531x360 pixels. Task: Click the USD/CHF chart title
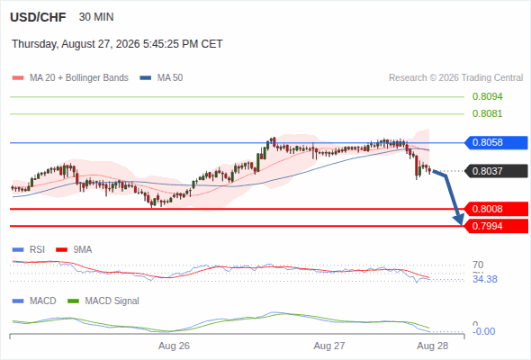[x=38, y=17]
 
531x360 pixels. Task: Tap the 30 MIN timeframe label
[x=96, y=17]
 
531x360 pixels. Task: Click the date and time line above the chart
[x=117, y=44]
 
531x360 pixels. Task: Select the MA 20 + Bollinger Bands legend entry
[x=70, y=78]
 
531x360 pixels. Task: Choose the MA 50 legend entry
[x=161, y=78]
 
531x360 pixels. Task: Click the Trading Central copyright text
[x=455, y=78]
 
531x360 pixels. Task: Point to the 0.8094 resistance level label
[x=487, y=96]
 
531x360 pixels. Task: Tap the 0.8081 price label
[x=487, y=113]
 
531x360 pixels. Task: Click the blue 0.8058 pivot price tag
[x=496, y=142]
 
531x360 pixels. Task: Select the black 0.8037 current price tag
[x=496, y=171]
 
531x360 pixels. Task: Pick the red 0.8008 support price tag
[x=496, y=209]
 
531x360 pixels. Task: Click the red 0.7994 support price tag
[x=496, y=226]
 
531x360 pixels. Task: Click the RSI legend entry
[x=29, y=249]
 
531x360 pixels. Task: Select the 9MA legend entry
[x=74, y=249]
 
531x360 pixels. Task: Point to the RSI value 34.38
[x=485, y=279]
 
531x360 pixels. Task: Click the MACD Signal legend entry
[x=103, y=301]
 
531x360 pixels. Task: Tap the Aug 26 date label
[x=174, y=346]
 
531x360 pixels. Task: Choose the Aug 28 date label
[x=433, y=346]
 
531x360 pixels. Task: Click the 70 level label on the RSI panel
[x=478, y=265]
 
